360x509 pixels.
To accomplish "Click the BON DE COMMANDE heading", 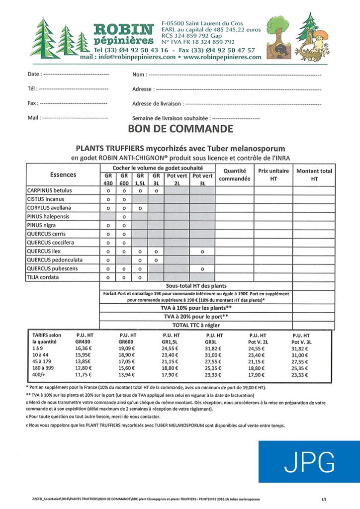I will click(180, 130).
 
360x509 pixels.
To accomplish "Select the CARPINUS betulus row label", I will click(49, 190).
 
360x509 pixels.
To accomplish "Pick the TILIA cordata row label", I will click(46, 277).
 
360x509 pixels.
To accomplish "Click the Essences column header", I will click(63, 175).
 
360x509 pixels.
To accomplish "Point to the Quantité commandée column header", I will click(234, 174).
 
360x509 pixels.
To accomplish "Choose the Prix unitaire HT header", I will click(273, 174).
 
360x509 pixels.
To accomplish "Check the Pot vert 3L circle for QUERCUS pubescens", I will click(202, 269).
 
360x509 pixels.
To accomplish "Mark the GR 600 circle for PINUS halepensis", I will click(124, 217).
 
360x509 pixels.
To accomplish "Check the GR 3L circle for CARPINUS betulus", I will click(156, 190).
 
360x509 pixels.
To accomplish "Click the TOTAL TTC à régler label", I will click(196, 325).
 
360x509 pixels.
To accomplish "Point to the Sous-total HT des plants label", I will click(196, 286).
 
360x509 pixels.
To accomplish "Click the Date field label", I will click(34, 75).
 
